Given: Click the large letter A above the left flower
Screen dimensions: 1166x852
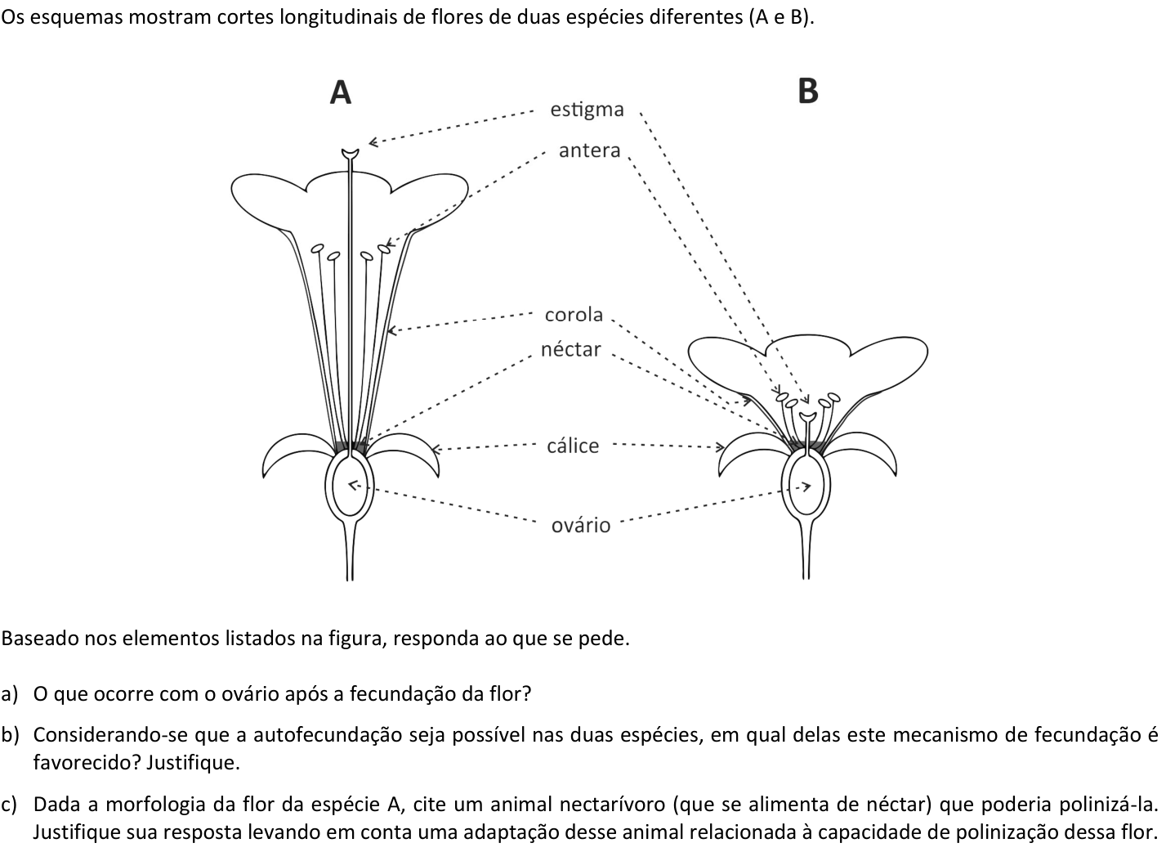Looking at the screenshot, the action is (x=341, y=92).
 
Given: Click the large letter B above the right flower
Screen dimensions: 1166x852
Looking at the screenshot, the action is (x=807, y=91).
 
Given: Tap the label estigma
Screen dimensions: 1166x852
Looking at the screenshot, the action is (x=587, y=110).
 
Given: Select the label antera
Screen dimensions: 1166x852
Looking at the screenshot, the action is (x=589, y=150).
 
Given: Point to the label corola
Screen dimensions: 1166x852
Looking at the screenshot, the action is (x=574, y=315).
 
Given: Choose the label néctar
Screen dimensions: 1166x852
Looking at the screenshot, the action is (x=570, y=349).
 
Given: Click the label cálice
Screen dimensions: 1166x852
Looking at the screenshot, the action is (x=573, y=446).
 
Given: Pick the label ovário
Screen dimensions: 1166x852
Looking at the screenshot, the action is (x=581, y=525).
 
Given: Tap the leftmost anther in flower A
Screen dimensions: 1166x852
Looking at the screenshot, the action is (x=317, y=249).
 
